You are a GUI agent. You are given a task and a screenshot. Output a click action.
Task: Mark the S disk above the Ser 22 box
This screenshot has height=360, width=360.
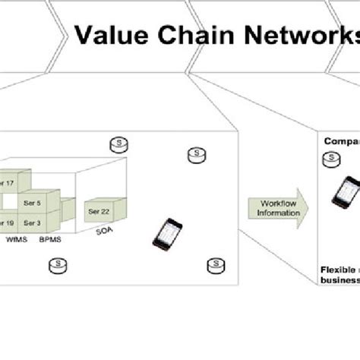pyautogui.click(x=117, y=143)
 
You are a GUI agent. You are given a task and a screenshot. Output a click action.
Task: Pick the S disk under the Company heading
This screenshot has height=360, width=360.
pyautogui.click(x=332, y=159)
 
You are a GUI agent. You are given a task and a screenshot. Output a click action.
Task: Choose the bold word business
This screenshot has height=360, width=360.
pyautogui.click(x=339, y=279)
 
